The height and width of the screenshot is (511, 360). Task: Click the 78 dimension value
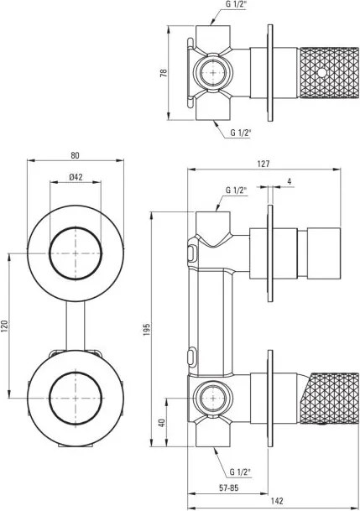[163, 73]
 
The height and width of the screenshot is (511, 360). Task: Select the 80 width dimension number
[76, 154]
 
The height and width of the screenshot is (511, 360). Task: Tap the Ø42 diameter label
[76, 176]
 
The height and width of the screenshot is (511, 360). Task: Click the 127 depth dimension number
[263, 164]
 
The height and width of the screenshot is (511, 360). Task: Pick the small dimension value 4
[288, 181]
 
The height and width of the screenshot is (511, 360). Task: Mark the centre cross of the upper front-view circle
[76, 252]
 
